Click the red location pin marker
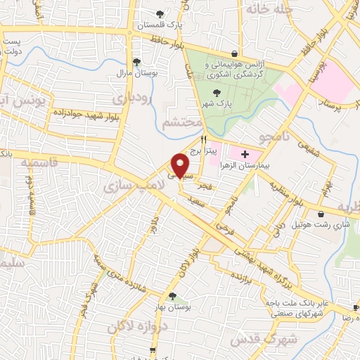[x=180, y=164]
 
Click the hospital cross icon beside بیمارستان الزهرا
[x=245, y=153]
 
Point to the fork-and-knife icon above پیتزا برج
[x=203, y=140]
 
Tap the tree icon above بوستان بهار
[x=172, y=297]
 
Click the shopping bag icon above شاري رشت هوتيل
[x=321, y=214]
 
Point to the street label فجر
[x=205, y=186]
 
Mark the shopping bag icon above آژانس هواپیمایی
[x=234, y=55]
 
